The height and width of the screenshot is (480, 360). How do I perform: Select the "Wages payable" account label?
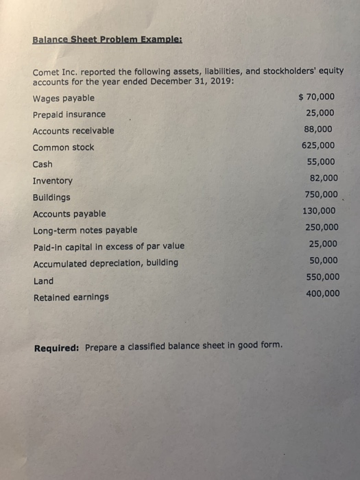coord(64,98)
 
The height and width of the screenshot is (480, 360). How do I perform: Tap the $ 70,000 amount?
coord(317,97)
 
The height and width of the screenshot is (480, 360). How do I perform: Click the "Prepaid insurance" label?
coord(69,115)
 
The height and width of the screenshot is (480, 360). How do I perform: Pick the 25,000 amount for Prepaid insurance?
coord(320,113)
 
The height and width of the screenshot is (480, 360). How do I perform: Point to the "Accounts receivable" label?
coord(73,130)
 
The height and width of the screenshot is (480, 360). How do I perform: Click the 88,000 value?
coord(320,129)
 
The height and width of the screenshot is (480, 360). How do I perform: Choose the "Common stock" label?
coord(64,147)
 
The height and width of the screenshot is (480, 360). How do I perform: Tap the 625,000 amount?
coord(318,145)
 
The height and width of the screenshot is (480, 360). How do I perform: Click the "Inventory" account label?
coord(52,181)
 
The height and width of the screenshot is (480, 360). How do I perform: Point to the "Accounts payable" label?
coord(69,213)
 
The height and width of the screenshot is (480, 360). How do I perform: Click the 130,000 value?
coord(319,211)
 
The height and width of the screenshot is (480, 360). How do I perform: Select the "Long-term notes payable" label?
coord(85,230)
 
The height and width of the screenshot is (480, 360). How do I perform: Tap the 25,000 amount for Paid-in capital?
coord(322,243)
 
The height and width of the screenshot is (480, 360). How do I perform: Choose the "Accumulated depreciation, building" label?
coord(106,263)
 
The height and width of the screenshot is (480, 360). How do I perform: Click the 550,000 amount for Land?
coord(322,277)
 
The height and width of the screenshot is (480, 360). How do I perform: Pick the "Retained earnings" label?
coord(71,297)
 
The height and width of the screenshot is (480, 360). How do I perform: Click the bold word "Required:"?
coord(57,346)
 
